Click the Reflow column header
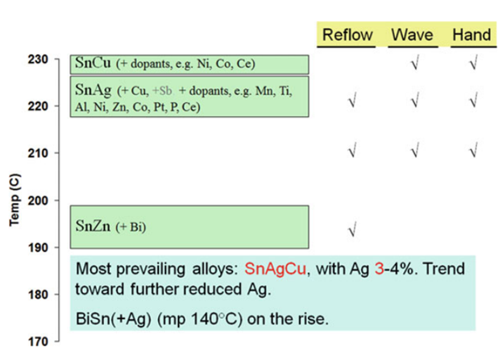click(x=347, y=35)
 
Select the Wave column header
click(x=413, y=35)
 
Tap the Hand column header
click(x=472, y=35)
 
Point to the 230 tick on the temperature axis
click(x=43, y=59)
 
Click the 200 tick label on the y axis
click(x=43, y=200)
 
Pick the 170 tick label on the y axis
click(x=43, y=341)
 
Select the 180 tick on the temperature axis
click(x=43, y=294)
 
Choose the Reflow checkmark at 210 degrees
click(x=351, y=150)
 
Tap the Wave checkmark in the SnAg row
click(x=414, y=101)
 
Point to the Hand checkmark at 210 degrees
click(x=472, y=150)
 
